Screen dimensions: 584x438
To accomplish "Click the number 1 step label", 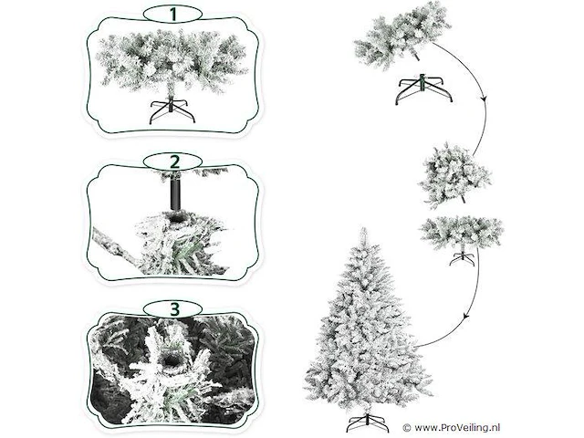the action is [172, 15].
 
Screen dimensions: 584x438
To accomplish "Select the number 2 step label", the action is [174, 162].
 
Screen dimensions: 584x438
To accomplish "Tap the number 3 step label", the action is [174, 308].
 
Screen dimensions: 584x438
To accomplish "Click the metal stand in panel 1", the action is [172, 110].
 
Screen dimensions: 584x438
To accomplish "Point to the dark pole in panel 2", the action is [174, 193].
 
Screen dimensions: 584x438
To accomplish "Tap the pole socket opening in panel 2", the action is [176, 215].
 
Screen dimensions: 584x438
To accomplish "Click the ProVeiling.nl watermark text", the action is [457, 428].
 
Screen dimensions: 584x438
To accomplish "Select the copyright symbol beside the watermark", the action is [407, 428].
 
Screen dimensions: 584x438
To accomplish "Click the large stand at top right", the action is [423, 89].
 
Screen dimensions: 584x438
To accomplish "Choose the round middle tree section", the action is [454, 174].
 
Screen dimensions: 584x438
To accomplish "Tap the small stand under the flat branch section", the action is [463, 257].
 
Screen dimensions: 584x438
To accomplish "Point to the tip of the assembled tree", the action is [363, 228].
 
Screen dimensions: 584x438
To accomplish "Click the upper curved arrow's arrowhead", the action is [484, 98].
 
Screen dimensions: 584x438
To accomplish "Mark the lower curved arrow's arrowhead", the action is [465, 317].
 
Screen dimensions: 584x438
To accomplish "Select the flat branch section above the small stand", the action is [462, 233].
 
